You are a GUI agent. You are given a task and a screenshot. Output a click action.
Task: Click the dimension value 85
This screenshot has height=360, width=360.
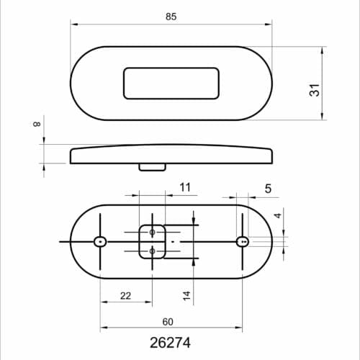171,15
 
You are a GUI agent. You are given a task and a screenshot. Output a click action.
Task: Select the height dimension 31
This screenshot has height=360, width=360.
314,91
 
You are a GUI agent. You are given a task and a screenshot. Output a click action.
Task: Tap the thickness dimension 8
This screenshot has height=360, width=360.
35,125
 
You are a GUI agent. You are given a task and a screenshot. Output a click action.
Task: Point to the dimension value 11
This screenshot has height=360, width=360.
185,188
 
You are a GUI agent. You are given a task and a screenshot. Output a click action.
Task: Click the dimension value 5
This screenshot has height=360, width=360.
268,189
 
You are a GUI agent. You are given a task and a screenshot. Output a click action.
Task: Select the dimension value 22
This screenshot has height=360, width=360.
125,296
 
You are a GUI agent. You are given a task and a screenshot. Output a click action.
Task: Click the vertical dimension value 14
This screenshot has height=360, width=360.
186,295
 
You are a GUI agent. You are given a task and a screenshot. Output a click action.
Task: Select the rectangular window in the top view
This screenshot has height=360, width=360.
171,84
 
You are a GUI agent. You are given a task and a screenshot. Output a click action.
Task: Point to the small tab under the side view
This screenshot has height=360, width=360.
152,167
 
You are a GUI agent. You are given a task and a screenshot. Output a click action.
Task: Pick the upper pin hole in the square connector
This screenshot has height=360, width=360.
152,232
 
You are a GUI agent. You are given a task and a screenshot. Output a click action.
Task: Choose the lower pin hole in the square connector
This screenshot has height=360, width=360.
152,250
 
